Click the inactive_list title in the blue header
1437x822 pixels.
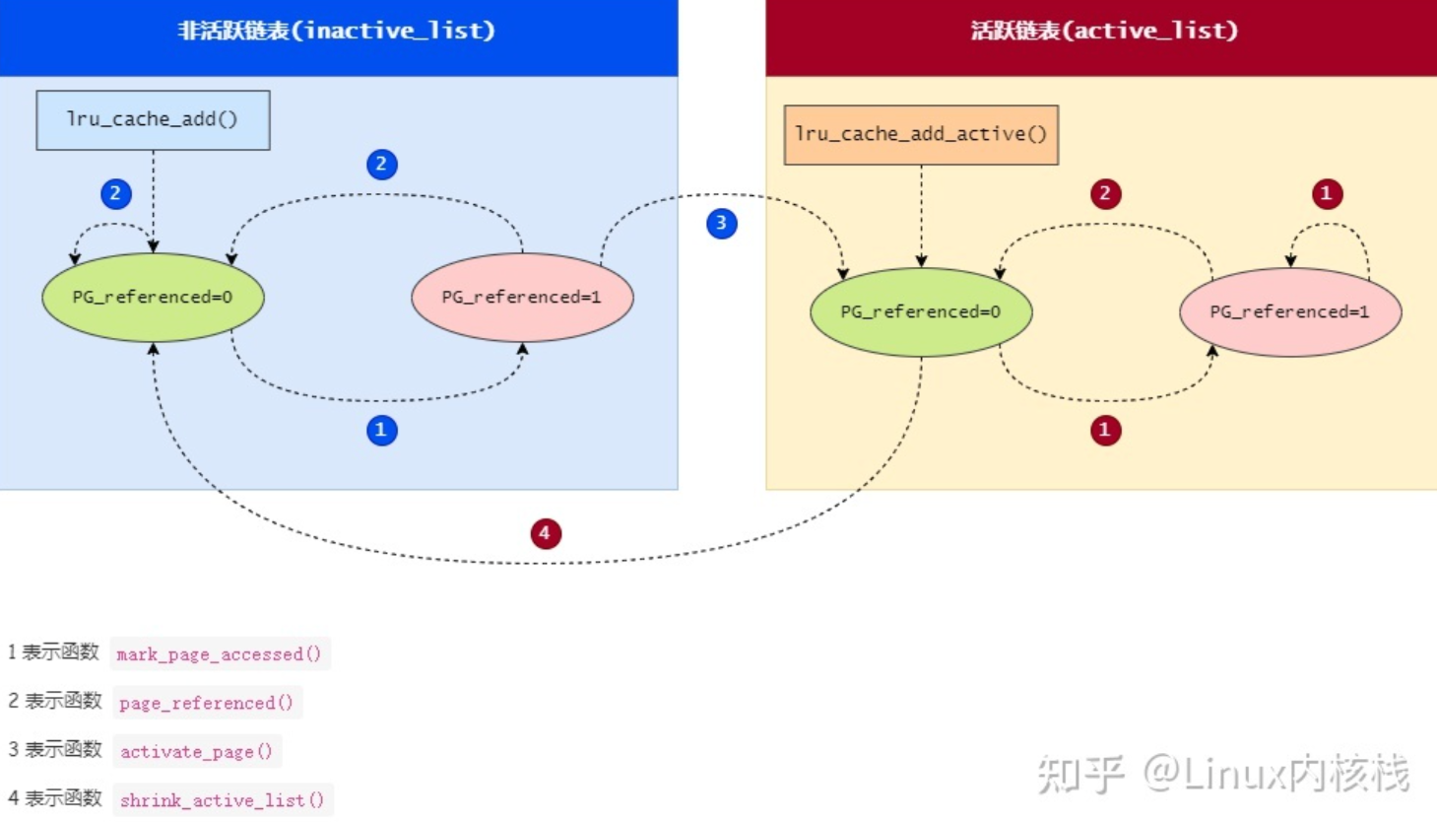click(336, 31)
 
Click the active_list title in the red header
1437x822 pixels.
click(1103, 31)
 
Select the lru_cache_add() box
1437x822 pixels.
click(154, 120)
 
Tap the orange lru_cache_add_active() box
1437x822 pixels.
click(921, 135)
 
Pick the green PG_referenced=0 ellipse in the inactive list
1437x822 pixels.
click(153, 298)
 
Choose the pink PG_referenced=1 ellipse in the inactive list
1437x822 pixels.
click(522, 298)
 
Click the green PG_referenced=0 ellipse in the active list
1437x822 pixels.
click(921, 312)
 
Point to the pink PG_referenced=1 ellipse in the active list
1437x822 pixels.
click(1290, 312)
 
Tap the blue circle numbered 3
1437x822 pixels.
click(722, 224)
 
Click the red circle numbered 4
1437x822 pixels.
click(546, 533)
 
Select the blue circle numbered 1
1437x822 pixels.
click(382, 431)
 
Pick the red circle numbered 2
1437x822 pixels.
click(1106, 194)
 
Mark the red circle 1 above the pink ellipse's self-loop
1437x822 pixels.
click(1328, 194)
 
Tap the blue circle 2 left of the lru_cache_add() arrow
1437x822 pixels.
click(116, 194)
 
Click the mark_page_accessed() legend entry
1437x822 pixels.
click(220, 653)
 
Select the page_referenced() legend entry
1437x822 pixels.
click(207, 703)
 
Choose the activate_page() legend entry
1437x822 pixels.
click(197, 751)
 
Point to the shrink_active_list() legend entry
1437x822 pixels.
click(223, 800)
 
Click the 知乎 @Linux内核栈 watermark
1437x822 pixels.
click(1222, 773)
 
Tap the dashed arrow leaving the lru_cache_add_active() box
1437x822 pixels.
click(921, 217)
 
